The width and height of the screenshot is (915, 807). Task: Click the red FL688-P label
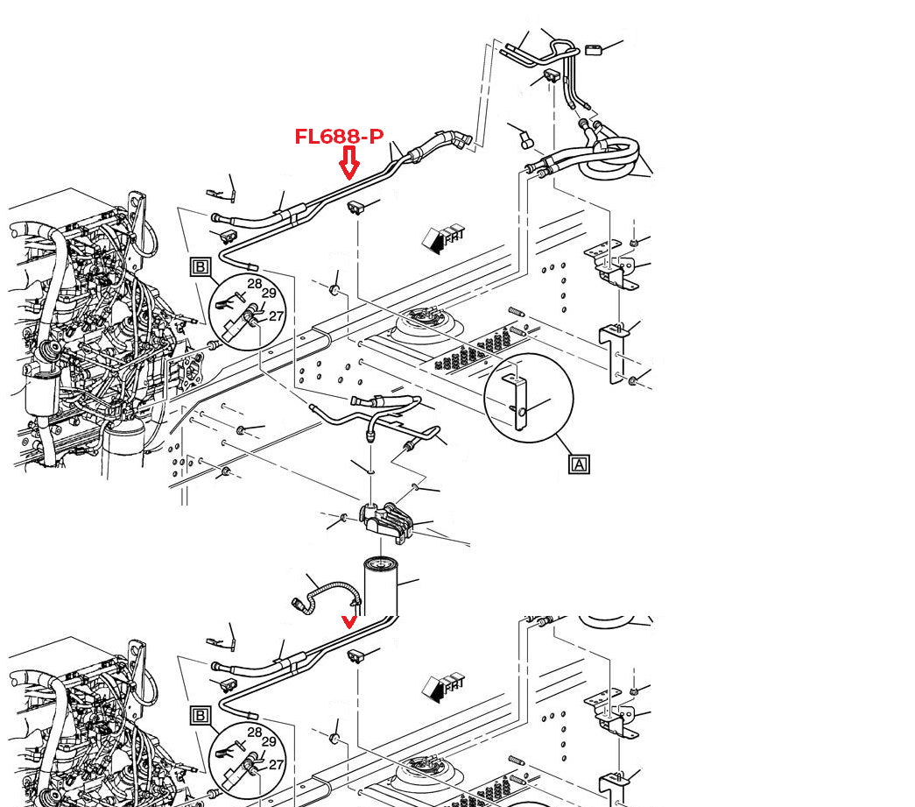point(339,137)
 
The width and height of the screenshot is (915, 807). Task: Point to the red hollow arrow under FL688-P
point(349,163)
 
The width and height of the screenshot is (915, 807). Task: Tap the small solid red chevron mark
point(349,622)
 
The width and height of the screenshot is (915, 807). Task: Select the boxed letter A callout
point(579,464)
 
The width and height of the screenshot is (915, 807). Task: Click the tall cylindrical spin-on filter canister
point(381,586)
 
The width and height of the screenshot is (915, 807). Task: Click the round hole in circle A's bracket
point(522,413)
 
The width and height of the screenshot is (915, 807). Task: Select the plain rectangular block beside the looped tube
point(594,50)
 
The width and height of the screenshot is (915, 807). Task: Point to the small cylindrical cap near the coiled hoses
point(526,140)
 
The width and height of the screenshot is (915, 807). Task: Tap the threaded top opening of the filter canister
point(381,564)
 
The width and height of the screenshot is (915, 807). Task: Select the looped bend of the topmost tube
point(564,46)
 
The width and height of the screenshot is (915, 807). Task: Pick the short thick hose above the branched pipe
point(385,400)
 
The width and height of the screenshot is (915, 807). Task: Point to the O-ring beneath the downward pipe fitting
point(370,471)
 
